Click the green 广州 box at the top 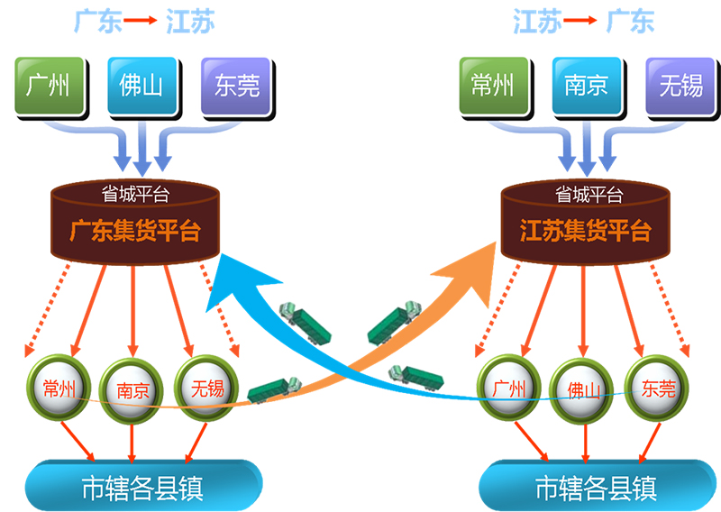tap(49, 86)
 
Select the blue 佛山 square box tap(141, 86)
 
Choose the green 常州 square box tap(493, 86)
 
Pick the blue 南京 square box tap(586, 86)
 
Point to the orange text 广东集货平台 tap(134, 232)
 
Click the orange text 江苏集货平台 tap(585, 232)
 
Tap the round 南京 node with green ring tap(132, 391)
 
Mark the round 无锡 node tap(206, 389)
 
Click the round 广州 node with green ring tap(510, 389)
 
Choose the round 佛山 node tap(583, 391)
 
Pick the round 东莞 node tap(657, 389)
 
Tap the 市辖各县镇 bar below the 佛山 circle tap(595, 488)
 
